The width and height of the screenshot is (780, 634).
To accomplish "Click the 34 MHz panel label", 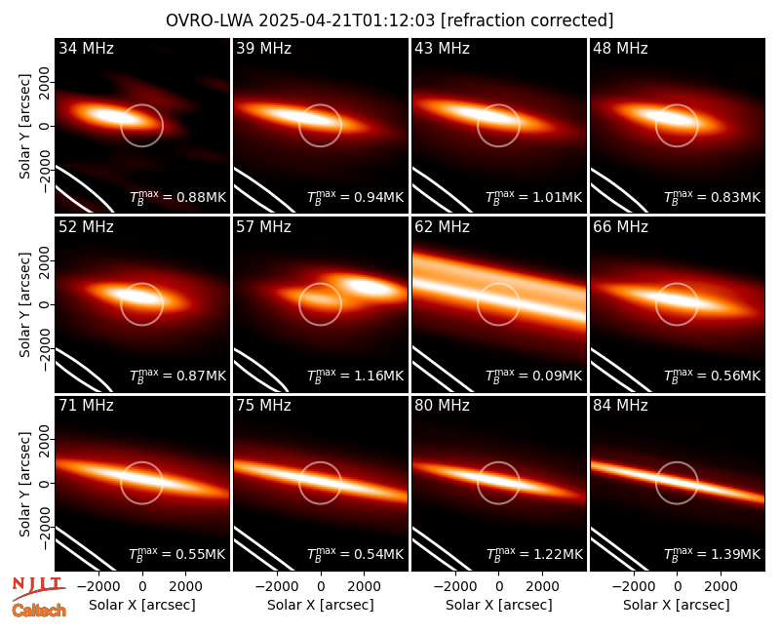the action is coord(86,48).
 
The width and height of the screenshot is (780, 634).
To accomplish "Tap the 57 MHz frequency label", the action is coord(263,227).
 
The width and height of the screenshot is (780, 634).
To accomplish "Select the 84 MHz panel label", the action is coord(620,406).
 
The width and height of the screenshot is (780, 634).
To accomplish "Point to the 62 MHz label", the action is coord(443,227).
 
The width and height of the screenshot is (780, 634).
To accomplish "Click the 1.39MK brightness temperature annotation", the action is coord(736,554).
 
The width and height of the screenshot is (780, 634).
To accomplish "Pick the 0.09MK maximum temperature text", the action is coord(558,376).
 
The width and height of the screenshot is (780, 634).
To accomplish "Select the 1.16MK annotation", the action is coord(379,376).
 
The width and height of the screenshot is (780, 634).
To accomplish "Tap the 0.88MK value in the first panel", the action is coord(202,197).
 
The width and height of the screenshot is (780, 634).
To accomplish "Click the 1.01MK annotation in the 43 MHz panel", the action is coord(558,197).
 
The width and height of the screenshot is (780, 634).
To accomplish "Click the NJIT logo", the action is coord(38,588).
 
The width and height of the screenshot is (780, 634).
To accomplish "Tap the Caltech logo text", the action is coord(39,611).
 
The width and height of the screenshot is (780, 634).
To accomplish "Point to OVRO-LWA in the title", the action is coord(210,20).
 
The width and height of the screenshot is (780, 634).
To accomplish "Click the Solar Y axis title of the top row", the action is coord(24,127).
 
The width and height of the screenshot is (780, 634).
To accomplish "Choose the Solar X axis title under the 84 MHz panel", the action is coord(677,605).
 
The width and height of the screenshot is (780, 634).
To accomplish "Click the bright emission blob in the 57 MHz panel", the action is coord(369,286).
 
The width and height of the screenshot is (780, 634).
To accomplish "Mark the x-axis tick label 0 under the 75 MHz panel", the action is coord(321,587).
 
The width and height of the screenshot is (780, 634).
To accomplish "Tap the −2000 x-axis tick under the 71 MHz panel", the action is coord(99,587).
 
